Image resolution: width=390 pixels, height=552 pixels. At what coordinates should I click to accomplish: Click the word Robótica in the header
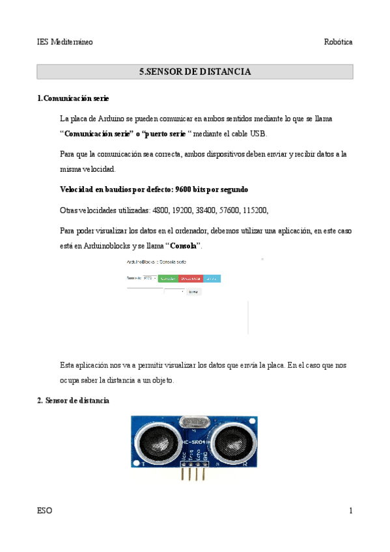[339, 42]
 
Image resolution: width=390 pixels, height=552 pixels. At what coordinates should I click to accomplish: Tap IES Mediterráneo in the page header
[65, 42]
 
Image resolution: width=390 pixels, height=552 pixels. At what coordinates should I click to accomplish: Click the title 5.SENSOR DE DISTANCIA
[195, 72]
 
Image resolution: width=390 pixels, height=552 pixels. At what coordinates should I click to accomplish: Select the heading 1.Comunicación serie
[73, 98]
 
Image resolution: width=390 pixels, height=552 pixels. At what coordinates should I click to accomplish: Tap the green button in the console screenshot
[168, 279]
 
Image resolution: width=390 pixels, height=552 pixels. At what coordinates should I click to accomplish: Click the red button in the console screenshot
[190, 279]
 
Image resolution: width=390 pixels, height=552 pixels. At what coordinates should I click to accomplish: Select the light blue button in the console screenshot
[212, 279]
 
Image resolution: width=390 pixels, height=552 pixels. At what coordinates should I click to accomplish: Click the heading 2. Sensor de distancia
[73, 401]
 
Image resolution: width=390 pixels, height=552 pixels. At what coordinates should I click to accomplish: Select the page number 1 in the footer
[350, 511]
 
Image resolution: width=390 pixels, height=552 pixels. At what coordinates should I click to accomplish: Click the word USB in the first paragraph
[258, 133]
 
